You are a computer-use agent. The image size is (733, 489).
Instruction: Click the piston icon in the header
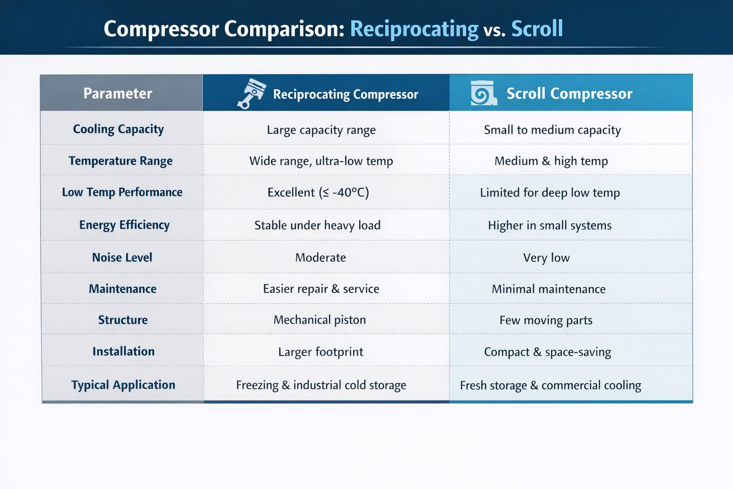click(x=251, y=93)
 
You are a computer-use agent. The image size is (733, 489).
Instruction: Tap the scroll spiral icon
click(x=483, y=93)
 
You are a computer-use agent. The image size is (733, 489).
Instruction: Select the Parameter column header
click(x=118, y=93)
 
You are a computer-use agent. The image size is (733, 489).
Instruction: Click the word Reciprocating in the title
click(x=414, y=30)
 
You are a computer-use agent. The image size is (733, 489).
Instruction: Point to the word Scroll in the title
click(x=537, y=29)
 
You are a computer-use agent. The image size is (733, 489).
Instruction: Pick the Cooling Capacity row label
click(x=118, y=129)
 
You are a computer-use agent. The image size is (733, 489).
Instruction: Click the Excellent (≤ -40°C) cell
click(x=318, y=192)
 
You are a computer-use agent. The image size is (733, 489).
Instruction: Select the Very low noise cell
click(x=546, y=258)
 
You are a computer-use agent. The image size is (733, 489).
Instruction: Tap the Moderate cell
click(x=320, y=257)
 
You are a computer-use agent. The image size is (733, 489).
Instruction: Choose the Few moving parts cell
click(x=546, y=320)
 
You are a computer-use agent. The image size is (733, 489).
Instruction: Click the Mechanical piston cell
click(x=320, y=319)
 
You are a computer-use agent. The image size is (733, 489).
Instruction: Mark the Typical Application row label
click(x=124, y=385)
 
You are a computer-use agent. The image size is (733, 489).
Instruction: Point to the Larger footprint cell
click(x=321, y=352)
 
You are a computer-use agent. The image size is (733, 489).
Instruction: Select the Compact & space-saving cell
click(x=547, y=352)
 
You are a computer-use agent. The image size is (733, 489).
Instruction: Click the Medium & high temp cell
click(x=551, y=161)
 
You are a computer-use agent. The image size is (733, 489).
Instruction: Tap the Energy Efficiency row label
click(x=125, y=225)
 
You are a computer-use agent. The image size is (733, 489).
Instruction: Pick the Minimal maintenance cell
click(x=548, y=289)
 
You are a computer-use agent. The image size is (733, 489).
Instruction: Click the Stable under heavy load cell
click(x=317, y=225)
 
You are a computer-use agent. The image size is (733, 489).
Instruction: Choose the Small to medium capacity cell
click(x=552, y=130)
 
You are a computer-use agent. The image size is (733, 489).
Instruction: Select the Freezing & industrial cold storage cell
click(x=321, y=385)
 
